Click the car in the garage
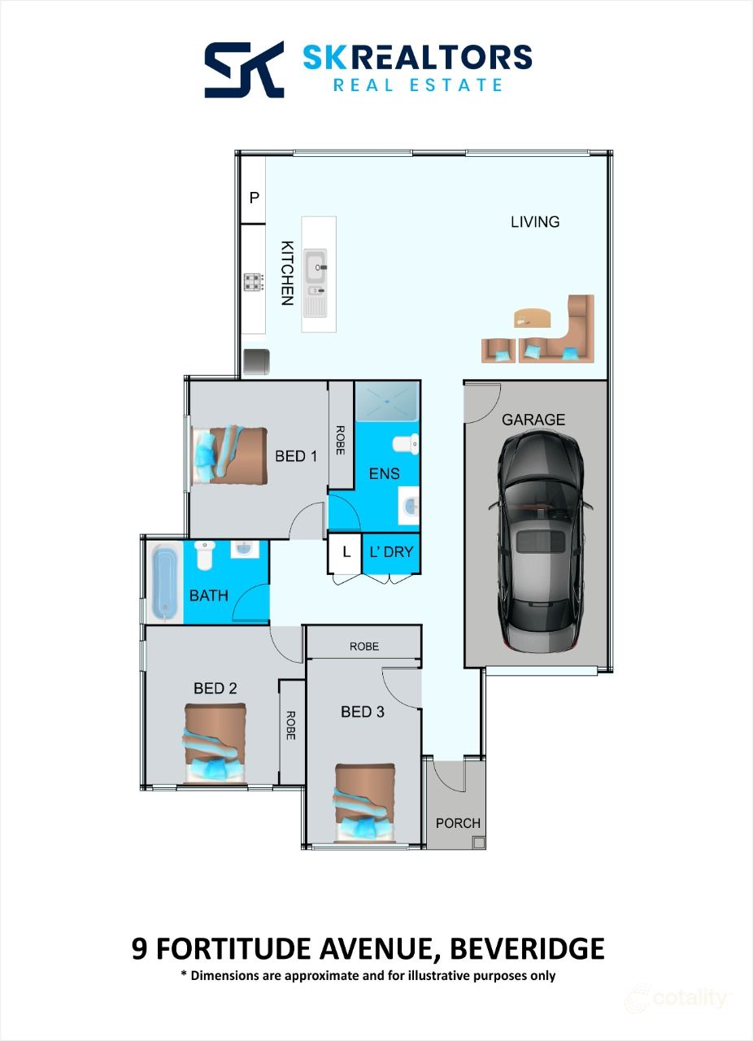537,541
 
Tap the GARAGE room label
533,420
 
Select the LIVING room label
535,221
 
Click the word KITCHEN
286,272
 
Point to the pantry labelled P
254,198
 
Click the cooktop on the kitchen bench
254,282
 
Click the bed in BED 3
365,802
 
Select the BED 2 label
215,688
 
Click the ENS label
384,473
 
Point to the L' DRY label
391,551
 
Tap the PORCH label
458,823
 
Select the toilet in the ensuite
405,444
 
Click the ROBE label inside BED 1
341,440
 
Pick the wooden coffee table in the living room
533,316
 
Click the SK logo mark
244,69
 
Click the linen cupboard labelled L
346,551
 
